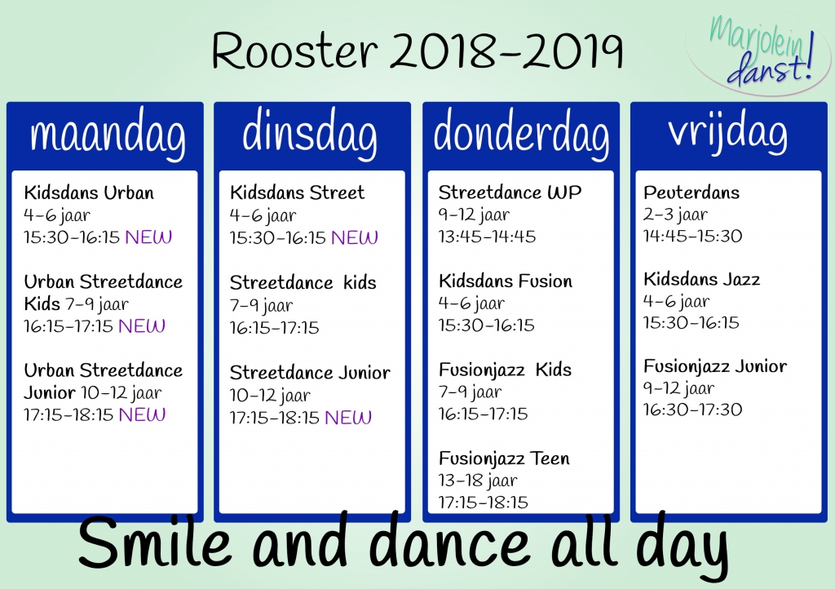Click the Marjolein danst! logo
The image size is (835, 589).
(758, 51)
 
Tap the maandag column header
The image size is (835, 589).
(107, 135)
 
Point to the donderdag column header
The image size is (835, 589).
(521, 133)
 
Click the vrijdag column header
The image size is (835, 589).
(728, 133)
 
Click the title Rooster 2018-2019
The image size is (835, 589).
(417, 51)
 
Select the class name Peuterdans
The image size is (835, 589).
(691, 193)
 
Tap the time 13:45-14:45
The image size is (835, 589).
(488, 237)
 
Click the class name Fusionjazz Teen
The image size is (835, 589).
(504, 458)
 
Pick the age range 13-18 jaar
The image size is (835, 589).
(478, 480)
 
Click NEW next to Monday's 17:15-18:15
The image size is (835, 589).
(142, 414)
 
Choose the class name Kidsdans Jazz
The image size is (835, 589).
(701, 279)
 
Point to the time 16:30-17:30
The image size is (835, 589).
(692, 410)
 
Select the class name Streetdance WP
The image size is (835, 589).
(510, 193)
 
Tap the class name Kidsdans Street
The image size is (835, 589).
(297, 193)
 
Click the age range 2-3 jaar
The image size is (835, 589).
(675, 215)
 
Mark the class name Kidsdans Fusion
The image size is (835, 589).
(506, 281)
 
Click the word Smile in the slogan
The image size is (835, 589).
(155, 543)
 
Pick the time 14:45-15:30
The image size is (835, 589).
(692, 236)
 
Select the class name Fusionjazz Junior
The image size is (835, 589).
(715, 366)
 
